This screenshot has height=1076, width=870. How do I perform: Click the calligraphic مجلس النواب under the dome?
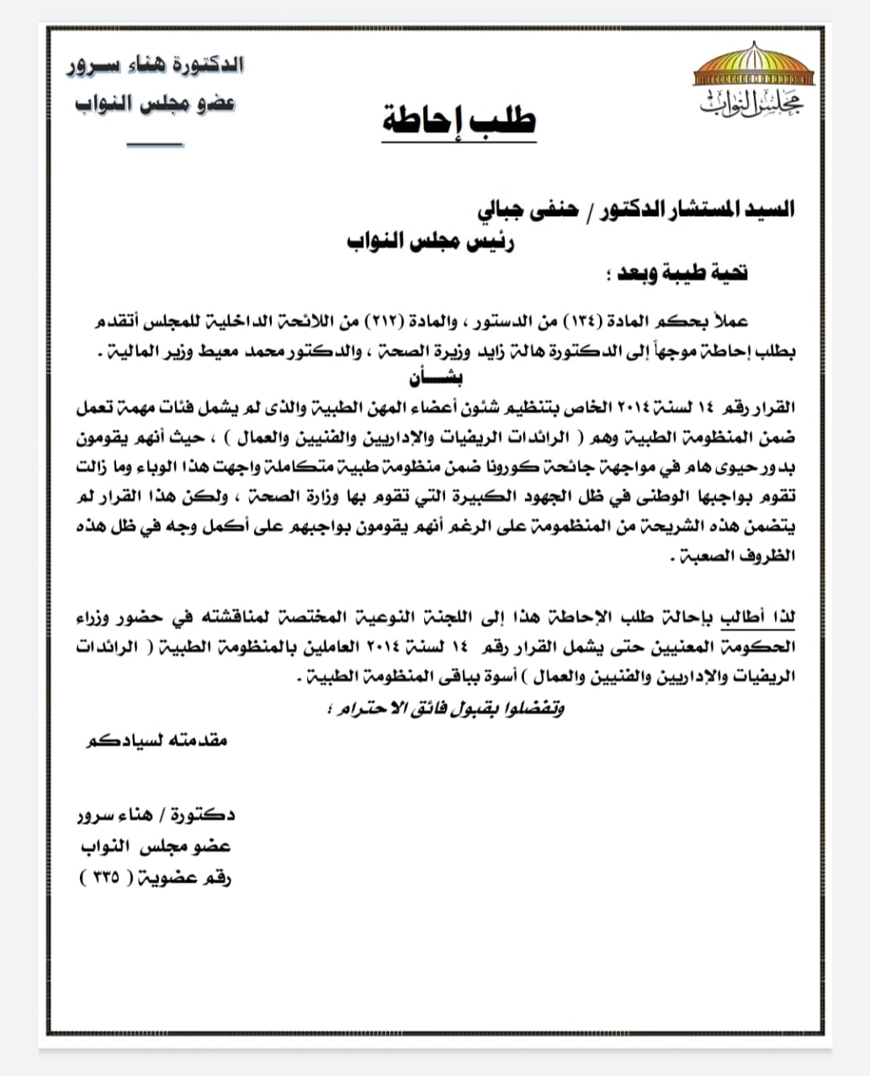click(751, 104)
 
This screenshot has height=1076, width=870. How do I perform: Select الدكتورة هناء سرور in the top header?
click(156, 65)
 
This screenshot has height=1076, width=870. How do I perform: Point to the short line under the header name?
click(155, 145)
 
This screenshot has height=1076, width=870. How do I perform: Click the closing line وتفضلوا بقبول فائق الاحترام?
click(444, 708)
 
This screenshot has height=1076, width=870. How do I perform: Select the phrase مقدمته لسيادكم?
click(157, 741)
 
